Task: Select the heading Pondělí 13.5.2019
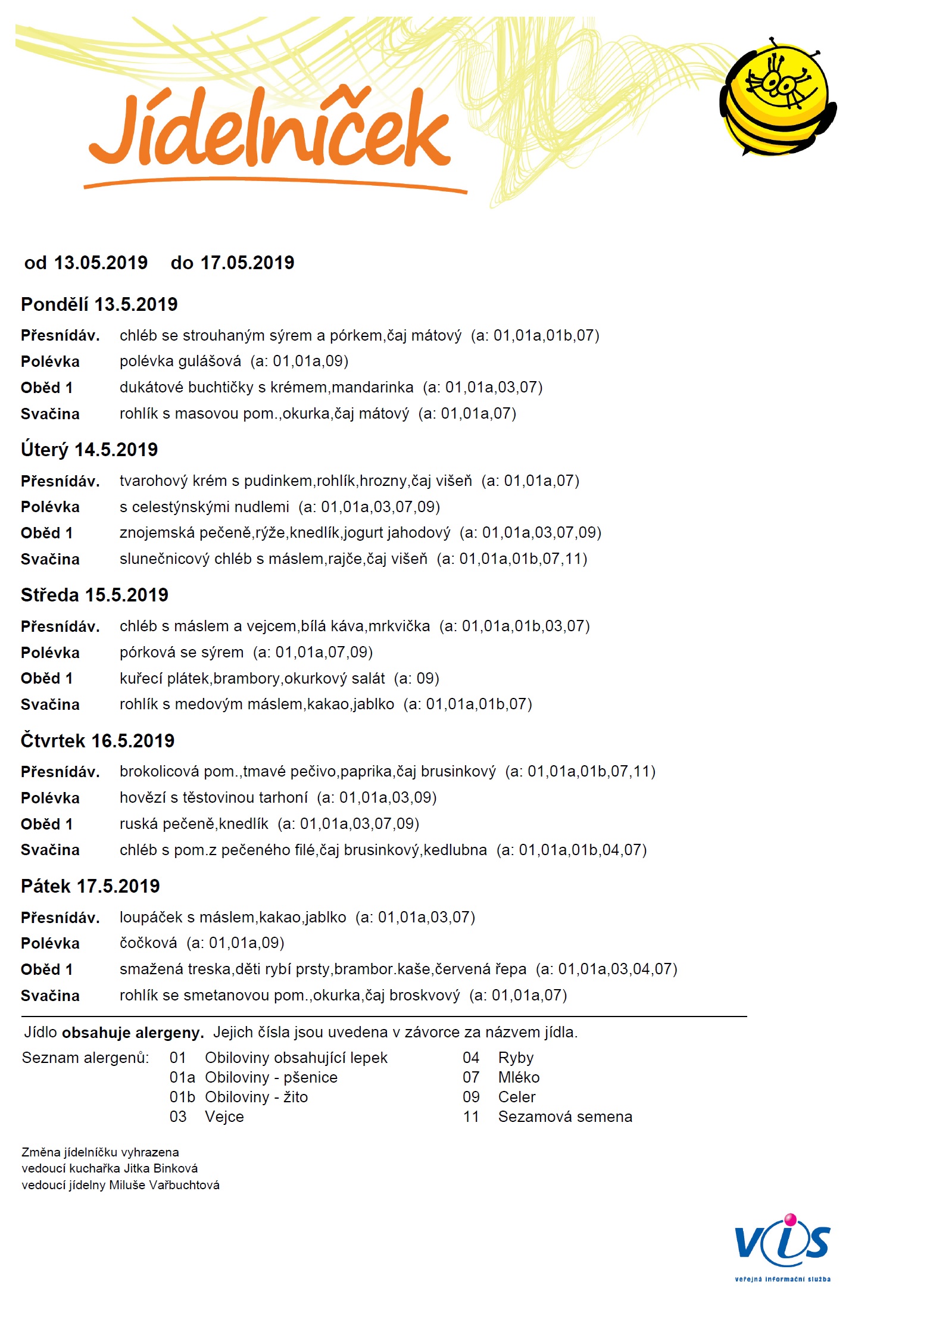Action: click(x=99, y=304)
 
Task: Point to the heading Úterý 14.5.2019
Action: click(x=89, y=450)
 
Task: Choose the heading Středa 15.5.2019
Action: click(x=95, y=595)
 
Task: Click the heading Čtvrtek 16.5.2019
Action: click(x=98, y=741)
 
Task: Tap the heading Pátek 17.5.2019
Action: click(x=90, y=886)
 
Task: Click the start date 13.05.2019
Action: click(x=101, y=263)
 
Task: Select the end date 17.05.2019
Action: click(x=247, y=263)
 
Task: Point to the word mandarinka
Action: click(x=372, y=388)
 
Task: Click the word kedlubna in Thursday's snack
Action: click(x=455, y=850)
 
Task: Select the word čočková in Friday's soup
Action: click(x=148, y=943)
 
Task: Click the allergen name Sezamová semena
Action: click(x=565, y=1117)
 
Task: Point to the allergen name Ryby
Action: click(x=516, y=1058)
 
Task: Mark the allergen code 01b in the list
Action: click(x=182, y=1097)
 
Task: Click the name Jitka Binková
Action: click(x=161, y=1168)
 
